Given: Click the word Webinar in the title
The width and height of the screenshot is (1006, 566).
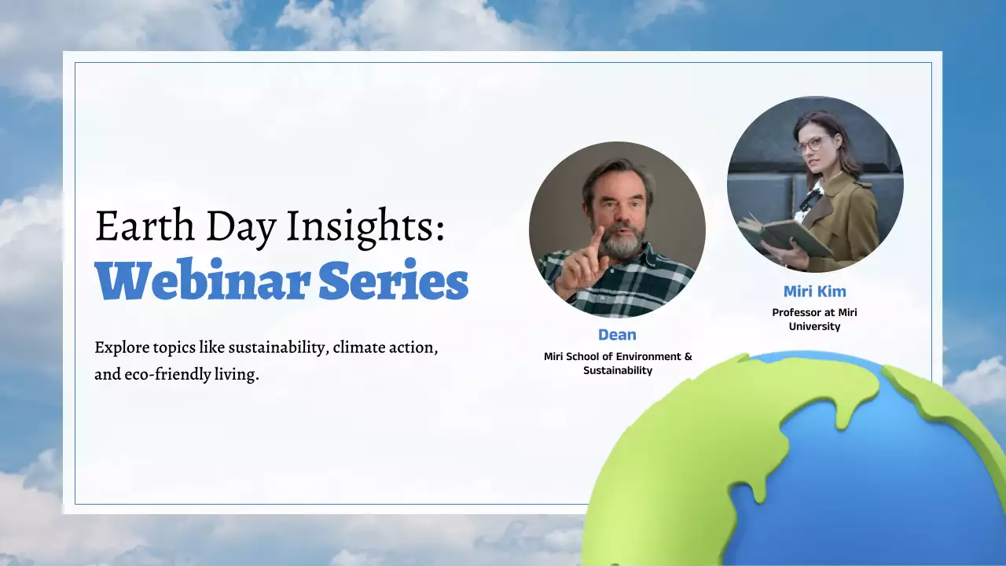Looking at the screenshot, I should click(200, 280).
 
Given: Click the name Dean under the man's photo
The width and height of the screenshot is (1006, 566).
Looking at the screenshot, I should click(617, 335).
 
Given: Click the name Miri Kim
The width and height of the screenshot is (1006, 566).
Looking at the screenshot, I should click(814, 291).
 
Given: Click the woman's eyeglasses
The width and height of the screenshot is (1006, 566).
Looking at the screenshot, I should click(810, 145).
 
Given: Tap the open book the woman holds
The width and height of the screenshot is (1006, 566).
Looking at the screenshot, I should click(778, 234).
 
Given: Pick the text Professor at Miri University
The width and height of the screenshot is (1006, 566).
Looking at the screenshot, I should click(814, 319).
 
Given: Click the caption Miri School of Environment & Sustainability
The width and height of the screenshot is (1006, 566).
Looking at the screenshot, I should click(618, 363).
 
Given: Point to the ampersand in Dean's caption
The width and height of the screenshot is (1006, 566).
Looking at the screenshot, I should click(688, 356).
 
